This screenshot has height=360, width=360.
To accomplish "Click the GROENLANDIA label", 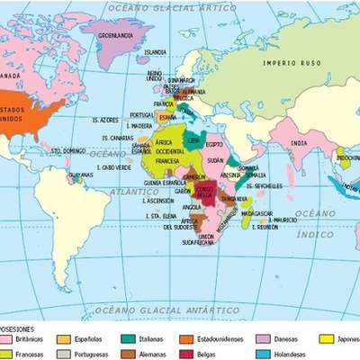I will [115, 36].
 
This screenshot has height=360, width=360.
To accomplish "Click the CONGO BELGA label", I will [205, 193].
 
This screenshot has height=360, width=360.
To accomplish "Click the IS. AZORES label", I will [106, 120].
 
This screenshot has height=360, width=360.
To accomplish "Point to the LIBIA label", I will [193, 140].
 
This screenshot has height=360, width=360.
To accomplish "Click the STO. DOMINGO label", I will [67, 150].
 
